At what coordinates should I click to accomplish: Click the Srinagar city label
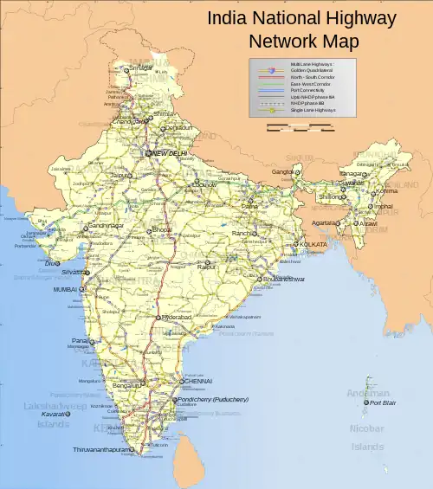click(141, 67)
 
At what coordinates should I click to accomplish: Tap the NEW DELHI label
click(170, 153)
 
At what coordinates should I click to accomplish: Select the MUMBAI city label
click(66, 289)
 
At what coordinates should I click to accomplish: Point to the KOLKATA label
click(313, 245)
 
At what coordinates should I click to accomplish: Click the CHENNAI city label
click(197, 381)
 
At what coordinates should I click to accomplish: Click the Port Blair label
click(382, 402)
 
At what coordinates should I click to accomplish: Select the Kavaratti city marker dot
click(69, 414)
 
